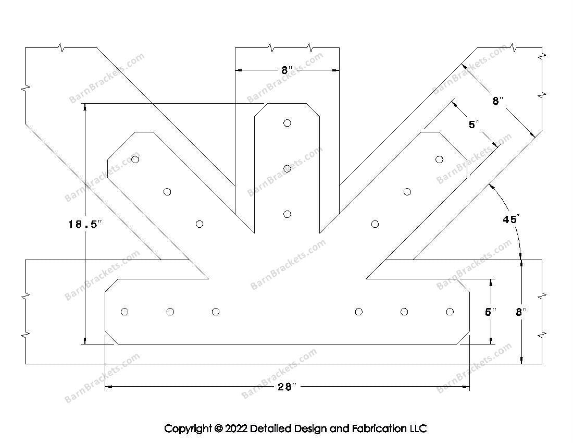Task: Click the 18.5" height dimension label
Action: (x=84, y=224)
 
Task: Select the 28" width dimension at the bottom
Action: (x=286, y=386)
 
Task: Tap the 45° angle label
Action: (x=510, y=219)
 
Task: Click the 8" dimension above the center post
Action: (x=287, y=69)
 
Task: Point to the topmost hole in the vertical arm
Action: (x=287, y=123)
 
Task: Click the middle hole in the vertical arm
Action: (x=287, y=168)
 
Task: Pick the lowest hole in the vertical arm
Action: (x=287, y=214)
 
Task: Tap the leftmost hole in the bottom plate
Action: (x=124, y=312)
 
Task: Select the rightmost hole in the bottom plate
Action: (x=450, y=312)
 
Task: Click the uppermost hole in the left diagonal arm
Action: (x=135, y=159)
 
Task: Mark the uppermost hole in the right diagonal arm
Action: (x=439, y=159)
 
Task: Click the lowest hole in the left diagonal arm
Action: (x=200, y=224)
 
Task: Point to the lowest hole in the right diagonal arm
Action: (x=375, y=224)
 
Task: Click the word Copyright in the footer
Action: (x=188, y=429)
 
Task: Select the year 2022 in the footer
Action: (x=236, y=429)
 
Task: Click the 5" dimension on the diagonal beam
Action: (x=474, y=125)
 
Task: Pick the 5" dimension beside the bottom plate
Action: (x=490, y=312)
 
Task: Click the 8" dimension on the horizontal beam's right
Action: (x=521, y=312)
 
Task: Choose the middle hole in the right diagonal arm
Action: (x=407, y=192)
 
